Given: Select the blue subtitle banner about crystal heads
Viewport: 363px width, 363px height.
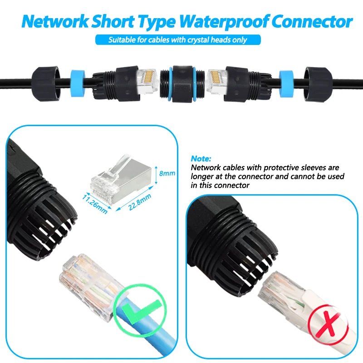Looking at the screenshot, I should coord(178,40).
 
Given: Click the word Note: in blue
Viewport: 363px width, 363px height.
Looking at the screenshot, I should coord(201,159).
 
